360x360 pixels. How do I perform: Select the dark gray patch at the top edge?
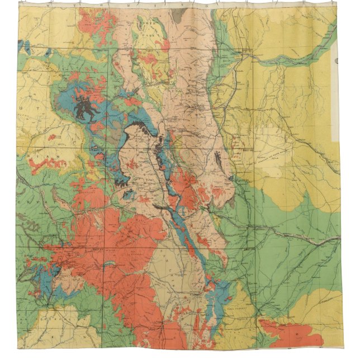(178, 16)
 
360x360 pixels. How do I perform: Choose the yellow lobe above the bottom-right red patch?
(313, 305)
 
